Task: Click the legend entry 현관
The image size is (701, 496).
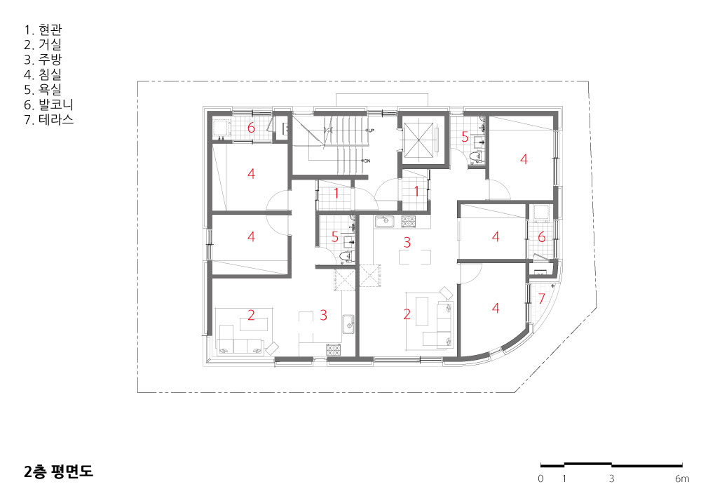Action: click(43, 30)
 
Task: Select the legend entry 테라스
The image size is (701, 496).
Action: click(49, 120)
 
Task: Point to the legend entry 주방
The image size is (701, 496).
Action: click(43, 60)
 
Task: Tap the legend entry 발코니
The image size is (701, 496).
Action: click(48, 105)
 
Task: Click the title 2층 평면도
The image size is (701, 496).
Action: click(58, 471)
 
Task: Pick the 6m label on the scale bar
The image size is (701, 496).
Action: click(682, 478)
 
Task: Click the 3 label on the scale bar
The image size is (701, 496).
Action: click(611, 478)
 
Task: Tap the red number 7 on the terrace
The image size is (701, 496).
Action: click(541, 298)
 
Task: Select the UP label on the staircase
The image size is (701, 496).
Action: click(371, 130)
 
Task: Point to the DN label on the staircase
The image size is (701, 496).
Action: click(367, 161)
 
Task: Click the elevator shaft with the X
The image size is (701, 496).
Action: click(419, 139)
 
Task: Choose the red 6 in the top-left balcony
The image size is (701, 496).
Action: click(251, 128)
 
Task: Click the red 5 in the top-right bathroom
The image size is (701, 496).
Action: click(465, 137)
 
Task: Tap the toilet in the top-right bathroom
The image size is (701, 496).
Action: click(476, 156)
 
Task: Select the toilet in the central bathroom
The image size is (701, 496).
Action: click(346, 257)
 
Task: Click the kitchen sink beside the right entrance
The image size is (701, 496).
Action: click(384, 222)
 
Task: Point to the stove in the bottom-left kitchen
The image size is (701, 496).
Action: click(333, 350)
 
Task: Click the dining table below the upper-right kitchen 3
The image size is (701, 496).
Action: click(415, 257)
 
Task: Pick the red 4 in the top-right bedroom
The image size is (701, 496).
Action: click(524, 159)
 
